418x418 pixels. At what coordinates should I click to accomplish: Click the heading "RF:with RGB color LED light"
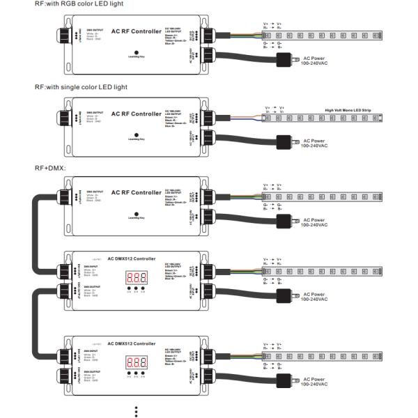click(x=76, y=5)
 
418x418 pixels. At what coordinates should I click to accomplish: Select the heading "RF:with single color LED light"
click(x=81, y=86)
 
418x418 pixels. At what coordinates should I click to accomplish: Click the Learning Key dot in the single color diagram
click(x=136, y=134)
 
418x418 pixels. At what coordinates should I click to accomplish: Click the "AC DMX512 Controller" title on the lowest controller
click(x=133, y=343)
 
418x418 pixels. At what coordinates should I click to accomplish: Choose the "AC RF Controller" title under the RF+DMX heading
click(x=136, y=193)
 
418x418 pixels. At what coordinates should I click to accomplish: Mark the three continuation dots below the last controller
click(x=136, y=410)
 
